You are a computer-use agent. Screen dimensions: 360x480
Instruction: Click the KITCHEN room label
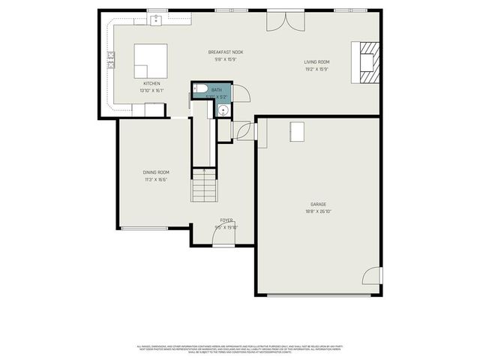tap(151, 83)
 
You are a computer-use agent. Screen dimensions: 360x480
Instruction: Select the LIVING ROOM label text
tap(316, 62)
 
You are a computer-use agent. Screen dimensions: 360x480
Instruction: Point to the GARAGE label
tap(319, 204)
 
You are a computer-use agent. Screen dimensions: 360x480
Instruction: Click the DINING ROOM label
tap(156, 172)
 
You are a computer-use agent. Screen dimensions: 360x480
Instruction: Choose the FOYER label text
tap(226, 220)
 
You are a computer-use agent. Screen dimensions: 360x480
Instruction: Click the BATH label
tap(216, 89)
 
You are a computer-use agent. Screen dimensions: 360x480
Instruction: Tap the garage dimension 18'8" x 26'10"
tap(319, 211)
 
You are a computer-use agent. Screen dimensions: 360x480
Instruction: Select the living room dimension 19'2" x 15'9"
tap(316, 70)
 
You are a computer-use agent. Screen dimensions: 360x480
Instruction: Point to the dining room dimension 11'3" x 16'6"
tap(156, 180)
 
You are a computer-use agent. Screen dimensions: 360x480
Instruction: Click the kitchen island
tap(151, 60)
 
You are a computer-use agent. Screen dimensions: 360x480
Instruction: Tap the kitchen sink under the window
tap(157, 20)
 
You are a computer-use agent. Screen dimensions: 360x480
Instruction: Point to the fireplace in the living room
tap(367, 63)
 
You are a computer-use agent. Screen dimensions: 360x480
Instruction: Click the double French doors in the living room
tap(286, 20)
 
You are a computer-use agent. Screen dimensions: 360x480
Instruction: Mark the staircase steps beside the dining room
tap(203, 186)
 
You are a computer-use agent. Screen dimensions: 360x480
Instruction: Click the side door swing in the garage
tap(372, 277)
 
